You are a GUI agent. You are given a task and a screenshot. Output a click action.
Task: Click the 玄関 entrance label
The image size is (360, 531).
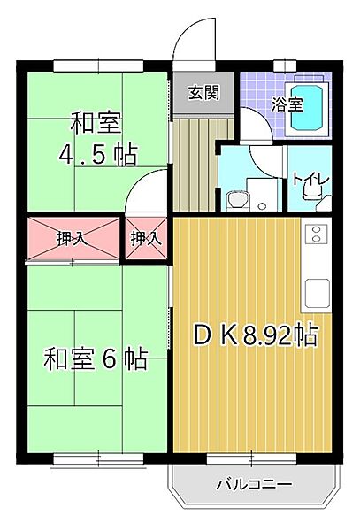[203, 92]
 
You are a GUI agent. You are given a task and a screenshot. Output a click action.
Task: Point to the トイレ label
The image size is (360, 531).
[311, 181]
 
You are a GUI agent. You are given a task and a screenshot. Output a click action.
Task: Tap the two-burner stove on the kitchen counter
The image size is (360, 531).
[317, 235]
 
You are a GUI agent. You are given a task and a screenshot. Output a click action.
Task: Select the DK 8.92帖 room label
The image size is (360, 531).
[256, 336]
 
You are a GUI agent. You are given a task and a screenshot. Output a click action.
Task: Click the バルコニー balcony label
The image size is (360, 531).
[253, 484]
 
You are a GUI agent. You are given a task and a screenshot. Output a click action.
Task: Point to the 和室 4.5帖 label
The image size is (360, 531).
[97, 138]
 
